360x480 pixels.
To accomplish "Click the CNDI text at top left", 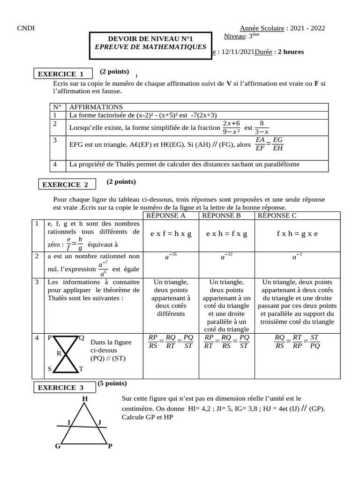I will (24, 29).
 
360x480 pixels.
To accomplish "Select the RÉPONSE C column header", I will (277, 216).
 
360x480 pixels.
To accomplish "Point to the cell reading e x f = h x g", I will (171, 233).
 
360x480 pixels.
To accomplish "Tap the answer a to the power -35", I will (170, 256).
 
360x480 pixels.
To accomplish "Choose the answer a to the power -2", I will (297, 256).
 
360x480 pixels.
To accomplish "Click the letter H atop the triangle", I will (85, 399).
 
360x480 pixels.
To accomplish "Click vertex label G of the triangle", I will (58, 446).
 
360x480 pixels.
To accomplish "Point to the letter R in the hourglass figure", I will (59, 353).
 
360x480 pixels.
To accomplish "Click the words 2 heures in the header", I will (291, 52).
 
